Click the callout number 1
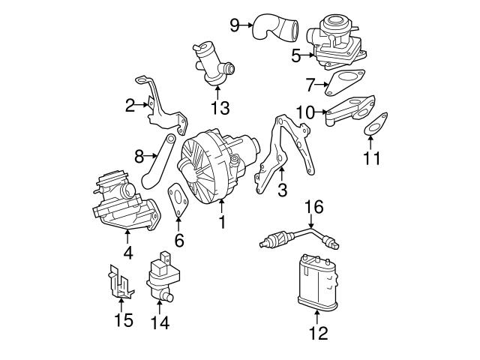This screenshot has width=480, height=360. click(x=222, y=222)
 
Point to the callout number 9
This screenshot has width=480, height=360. click(x=235, y=25)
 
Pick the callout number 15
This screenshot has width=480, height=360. click(x=123, y=320)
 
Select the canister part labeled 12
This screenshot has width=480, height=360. click(x=318, y=282)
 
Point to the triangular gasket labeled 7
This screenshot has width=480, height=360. click(x=344, y=83)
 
